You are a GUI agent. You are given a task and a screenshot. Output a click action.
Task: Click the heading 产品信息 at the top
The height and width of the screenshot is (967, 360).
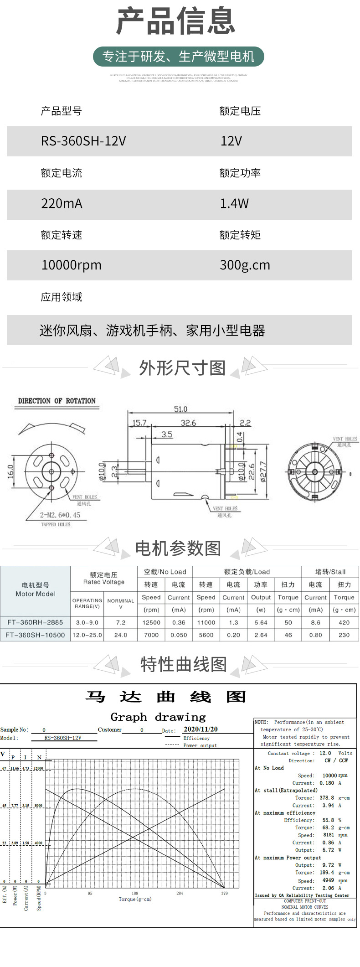(175, 21)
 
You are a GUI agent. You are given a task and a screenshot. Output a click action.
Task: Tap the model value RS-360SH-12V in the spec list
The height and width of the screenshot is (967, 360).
(83, 141)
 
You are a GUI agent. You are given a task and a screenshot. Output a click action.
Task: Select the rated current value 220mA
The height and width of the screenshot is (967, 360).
(62, 203)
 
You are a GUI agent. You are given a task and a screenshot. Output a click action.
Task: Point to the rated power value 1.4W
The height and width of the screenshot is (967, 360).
(234, 203)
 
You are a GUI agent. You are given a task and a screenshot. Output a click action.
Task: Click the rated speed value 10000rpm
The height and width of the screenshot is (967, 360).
(72, 265)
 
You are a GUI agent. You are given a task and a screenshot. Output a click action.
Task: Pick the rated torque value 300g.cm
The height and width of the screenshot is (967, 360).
(245, 265)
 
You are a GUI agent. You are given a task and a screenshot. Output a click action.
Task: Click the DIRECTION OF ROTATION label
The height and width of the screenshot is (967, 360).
(57, 401)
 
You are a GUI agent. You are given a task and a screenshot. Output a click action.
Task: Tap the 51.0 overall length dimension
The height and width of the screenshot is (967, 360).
(180, 409)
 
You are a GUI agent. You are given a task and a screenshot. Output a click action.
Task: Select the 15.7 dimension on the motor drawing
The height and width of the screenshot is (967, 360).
(139, 423)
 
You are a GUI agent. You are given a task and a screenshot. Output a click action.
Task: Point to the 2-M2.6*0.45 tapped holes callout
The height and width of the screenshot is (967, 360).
(60, 515)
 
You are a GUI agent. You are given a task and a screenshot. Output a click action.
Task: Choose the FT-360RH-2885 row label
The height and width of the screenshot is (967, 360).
(35, 622)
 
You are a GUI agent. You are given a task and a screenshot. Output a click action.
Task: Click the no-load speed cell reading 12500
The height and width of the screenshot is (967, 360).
(151, 622)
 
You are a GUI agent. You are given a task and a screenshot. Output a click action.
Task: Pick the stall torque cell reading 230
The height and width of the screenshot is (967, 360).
(344, 635)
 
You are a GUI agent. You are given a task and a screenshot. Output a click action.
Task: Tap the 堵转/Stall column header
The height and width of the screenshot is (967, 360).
(330, 572)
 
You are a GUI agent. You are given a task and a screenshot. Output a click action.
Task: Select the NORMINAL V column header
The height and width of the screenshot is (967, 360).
(121, 604)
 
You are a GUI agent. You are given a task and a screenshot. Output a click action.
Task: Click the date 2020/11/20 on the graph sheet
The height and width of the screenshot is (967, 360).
(201, 729)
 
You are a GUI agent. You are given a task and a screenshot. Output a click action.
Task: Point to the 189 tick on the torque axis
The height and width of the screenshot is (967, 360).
(135, 893)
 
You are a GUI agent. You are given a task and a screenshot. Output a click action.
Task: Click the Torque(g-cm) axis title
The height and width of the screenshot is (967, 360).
(135, 899)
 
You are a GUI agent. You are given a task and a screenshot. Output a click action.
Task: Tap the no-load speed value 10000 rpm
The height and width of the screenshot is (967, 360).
(335, 776)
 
